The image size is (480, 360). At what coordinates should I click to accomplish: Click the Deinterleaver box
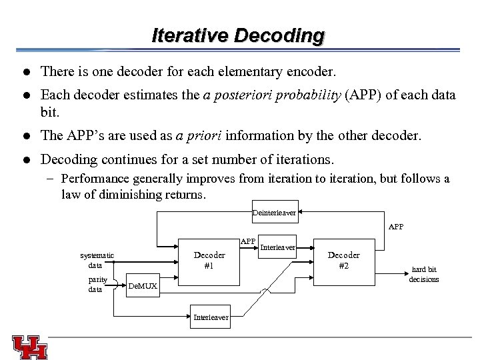274,213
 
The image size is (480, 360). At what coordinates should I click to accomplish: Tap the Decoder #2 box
343,261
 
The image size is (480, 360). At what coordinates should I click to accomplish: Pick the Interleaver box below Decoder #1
210,317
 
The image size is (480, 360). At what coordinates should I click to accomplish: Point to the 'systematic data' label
97,260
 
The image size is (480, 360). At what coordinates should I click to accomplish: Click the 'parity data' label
97,285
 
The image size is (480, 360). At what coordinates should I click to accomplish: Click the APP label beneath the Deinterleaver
395,227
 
